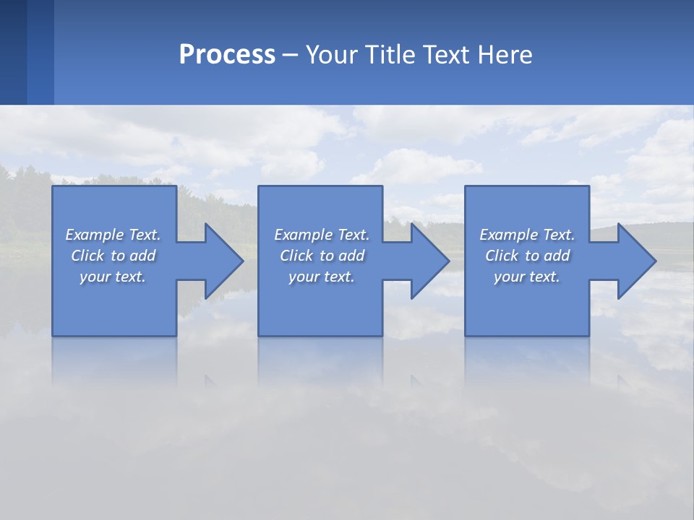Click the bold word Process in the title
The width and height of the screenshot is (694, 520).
(227, 55)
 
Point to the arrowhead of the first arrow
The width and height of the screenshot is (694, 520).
(225, 261)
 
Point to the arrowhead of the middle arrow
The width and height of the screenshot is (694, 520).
(431, 261)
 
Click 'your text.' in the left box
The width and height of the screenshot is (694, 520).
(113, 277)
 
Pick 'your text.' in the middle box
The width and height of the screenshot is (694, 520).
(322, 277)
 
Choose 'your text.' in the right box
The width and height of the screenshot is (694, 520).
(527, 277)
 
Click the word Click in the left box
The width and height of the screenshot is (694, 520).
(87, 256)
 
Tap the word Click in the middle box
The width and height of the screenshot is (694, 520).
(296, 256)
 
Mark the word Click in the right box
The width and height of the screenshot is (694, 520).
(502, 256)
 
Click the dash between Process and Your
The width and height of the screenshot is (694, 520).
(291, 55)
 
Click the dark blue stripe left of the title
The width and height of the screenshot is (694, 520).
(13, 52)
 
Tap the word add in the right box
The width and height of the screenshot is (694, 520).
(557, 256)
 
